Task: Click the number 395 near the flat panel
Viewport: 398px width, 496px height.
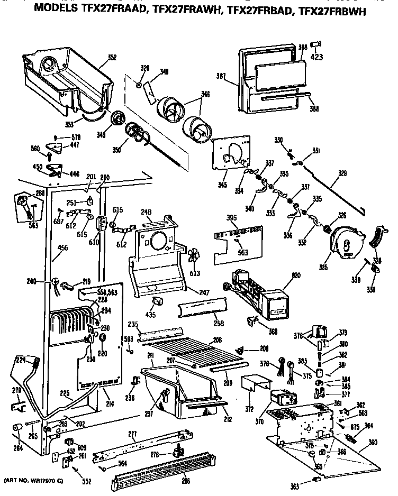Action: pyautogui.click(x=216, y=217)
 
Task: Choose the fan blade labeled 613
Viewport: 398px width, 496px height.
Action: pyautogui.click(x=194, y=256)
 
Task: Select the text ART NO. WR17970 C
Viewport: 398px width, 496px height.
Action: pyautogui.click(x=34, y=480)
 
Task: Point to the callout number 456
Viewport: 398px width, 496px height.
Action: pyautogui.click(x=62, y=246)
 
